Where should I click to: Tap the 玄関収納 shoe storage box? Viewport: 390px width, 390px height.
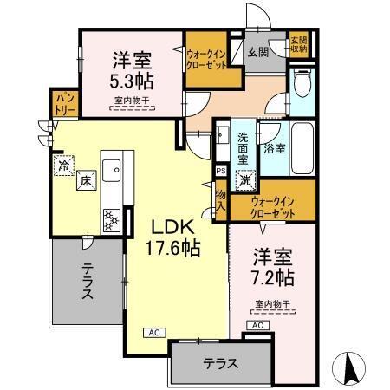(299, 44)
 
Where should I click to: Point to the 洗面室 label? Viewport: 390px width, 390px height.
(244, 148)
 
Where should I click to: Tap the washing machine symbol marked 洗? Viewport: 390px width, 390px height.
(245, 182)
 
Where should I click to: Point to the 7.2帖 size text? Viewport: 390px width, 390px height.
(272, 277)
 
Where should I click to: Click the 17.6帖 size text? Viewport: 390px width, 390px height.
(176, 249)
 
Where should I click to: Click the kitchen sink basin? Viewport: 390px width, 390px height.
(113, 172)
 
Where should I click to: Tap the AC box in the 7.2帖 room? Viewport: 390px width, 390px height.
(257, 324)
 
